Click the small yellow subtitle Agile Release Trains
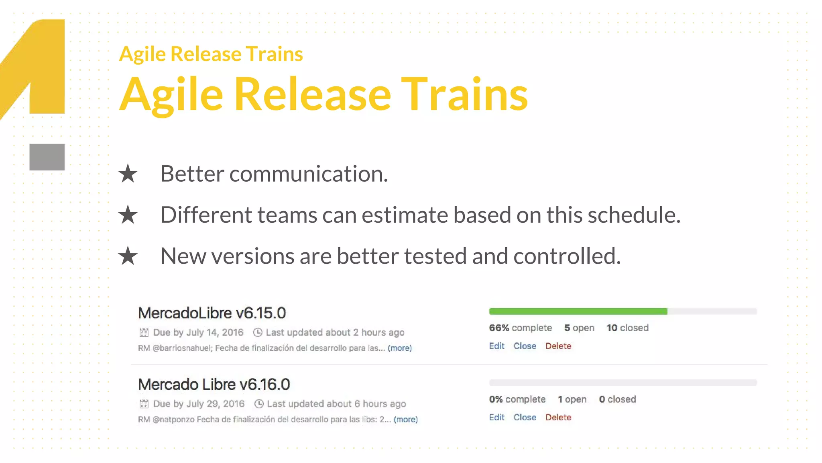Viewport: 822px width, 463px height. [x=211, y=54]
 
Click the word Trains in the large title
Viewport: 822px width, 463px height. [x=464, y=95]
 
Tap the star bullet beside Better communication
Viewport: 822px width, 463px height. [x=128, y=174]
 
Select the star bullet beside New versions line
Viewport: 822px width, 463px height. [x=128, y=256]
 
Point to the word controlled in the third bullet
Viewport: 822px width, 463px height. [x=567, y=256]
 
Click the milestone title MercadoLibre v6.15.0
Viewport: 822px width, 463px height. [x=212, y=313]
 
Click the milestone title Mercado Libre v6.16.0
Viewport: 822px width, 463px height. [x=214, y=385]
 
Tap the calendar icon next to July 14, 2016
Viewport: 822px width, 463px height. [x=144, y=333]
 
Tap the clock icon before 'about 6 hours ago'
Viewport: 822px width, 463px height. [x=259, y=404]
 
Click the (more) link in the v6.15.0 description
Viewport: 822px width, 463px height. [x=400, y=348]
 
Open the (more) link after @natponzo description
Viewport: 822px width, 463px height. [x=406, y=420]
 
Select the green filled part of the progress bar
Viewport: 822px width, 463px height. [x=578, y=311]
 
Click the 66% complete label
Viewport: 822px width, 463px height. [x=521, y=328]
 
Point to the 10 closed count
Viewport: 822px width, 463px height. [x=627, y=328]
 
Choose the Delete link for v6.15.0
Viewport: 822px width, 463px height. [x=558, y=346]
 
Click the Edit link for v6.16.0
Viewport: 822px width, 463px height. [x=496, y=418]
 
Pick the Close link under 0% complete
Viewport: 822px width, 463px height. [x=525, y=418]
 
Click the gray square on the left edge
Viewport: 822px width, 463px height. [x=47, y=157]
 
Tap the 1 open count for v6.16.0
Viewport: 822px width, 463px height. [x=572, y=399]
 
